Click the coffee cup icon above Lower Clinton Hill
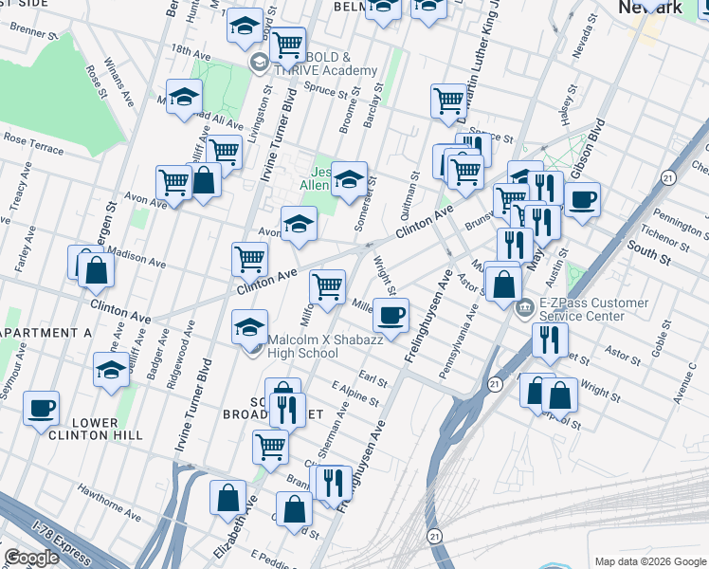(41, 410)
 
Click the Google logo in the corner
(31, 558)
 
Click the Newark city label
(650, 7)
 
